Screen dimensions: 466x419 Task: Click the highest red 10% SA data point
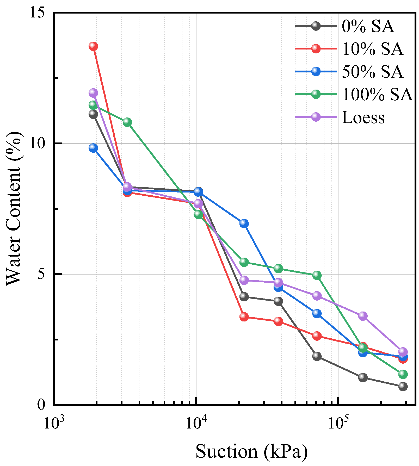(93, 46)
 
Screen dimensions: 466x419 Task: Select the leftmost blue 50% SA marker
(93, 148)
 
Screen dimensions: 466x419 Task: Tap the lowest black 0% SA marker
(403, 386)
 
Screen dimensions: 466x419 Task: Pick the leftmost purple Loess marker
(93, 93)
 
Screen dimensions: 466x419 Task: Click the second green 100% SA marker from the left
(127, 122)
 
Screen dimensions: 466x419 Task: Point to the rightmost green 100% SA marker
(403, 374)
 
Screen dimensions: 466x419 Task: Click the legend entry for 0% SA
(367, 26)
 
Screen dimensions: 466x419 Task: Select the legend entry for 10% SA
(372, 49)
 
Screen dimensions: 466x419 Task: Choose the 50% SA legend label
(372, 71)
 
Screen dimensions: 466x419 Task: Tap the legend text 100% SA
(377, 94)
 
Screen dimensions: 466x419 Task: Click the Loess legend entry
(363, 117)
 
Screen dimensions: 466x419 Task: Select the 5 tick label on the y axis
(42, 274)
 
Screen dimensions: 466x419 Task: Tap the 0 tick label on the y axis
(42, 405)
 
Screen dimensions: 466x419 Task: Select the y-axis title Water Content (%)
(14, 208)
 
